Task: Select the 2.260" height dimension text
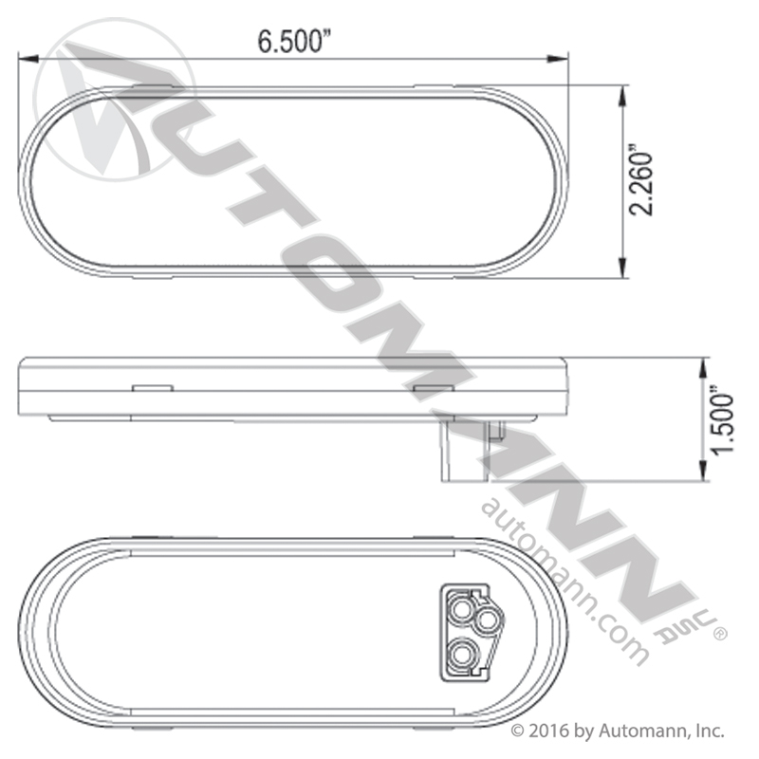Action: (640, 179)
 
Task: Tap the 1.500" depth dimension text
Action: (722, 420)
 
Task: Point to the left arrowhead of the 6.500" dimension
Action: (28, 59)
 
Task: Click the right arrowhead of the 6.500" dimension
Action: (558, 59)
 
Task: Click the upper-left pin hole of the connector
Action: (460, 609)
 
